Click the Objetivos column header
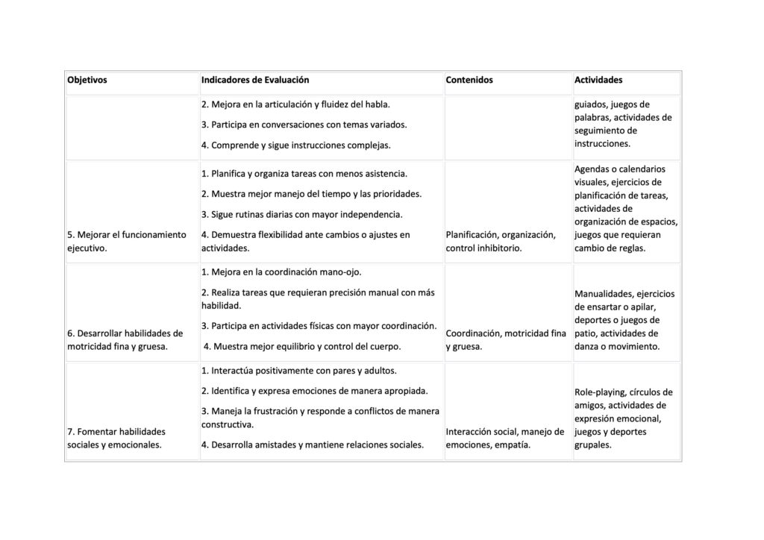tap(87, 80)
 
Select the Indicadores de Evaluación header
tap(255, 80)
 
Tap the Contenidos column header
tap(469, 80)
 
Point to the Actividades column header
tap(598, 80)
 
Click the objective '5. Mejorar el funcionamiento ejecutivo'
tap(127, 242)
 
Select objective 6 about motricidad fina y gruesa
tap(125, 339)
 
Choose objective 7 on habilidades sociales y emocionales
tap(116, 438)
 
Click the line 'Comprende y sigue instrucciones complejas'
tap(295, 145)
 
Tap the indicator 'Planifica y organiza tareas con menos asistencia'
tap(304, 174)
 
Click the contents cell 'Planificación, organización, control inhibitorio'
tap(501, 242)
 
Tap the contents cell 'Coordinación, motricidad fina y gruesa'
tap(506, 339)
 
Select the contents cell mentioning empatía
tap(505, 438)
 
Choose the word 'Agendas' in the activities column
tap(592, 169)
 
